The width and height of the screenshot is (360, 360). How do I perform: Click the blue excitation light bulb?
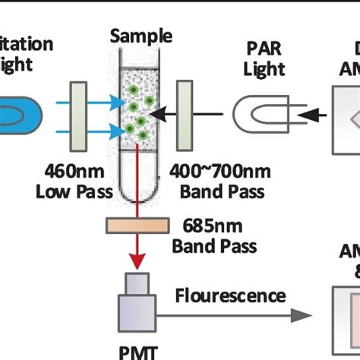[x=19, y=114]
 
